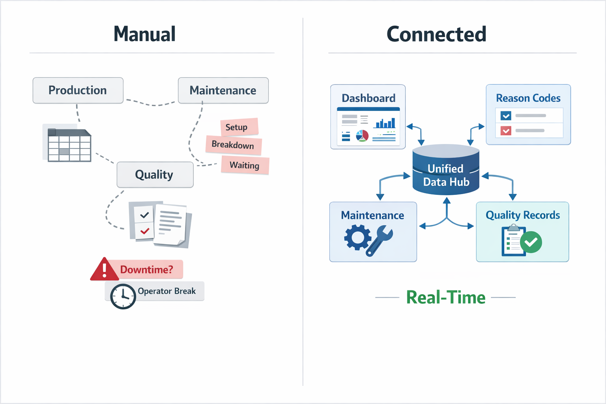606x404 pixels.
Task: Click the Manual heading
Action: [144, 34]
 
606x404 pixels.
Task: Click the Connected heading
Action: [436, 34]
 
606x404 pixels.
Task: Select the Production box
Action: [78, 90]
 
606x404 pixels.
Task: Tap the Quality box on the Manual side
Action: [155, 174]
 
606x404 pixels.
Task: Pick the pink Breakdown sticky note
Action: [233, 145]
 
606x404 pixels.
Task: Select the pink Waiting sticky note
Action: [245, 165]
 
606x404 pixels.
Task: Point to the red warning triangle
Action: [104, 270]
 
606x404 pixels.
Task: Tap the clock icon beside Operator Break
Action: [123, 296]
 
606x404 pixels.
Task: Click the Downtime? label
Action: [146, 269]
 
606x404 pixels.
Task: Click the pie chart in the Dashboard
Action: [362, 136]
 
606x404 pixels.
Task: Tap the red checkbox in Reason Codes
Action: [506, 131]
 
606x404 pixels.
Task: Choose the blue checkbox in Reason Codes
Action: [506, 116]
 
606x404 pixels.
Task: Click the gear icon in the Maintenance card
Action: [357, 237]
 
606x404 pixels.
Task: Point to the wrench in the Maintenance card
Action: [380, 240]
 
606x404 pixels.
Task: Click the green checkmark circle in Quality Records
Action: [531, 242]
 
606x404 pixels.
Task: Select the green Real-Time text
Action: [445, 297]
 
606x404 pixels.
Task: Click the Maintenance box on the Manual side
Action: [223, 90]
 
